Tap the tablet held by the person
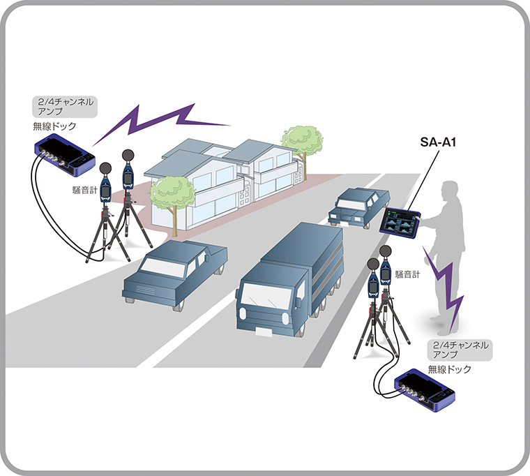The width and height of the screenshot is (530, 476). coord(398,223)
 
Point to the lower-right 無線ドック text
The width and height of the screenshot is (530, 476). coord(449,368)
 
